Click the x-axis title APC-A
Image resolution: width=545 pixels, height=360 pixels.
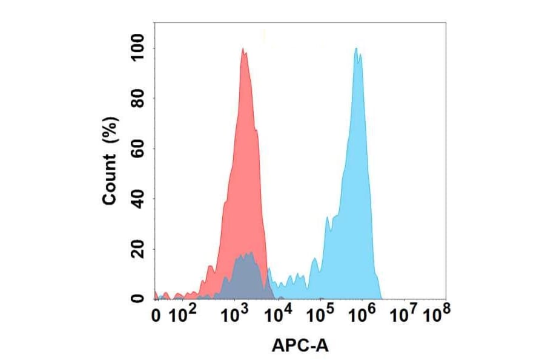pos(300,345)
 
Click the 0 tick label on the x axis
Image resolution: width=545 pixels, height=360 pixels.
pos(156,316)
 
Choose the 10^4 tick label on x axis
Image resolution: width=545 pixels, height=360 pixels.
pos(279,315)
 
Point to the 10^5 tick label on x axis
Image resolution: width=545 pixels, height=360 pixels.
pos(322,315)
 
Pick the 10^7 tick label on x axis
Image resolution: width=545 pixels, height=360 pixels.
pos(404,315)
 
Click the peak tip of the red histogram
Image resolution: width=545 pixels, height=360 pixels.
pos(243,49)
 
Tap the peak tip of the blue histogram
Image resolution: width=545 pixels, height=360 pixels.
pos(357,49)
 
